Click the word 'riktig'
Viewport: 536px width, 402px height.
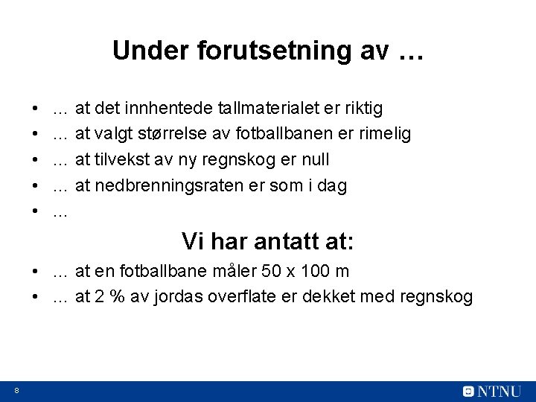point(363,109)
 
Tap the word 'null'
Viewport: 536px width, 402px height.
point(314,160)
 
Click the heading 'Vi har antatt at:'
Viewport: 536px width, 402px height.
point(268,241)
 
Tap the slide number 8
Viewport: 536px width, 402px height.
point(16,390)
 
